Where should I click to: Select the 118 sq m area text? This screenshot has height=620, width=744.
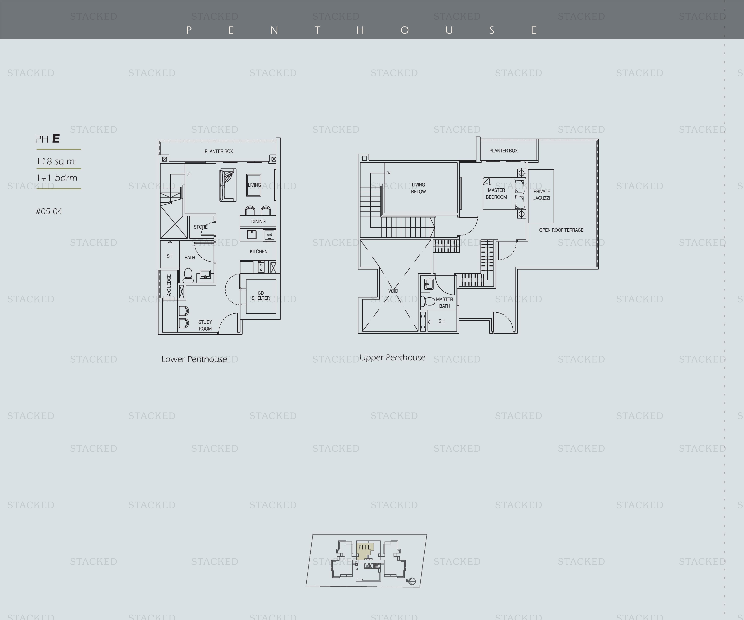click(x=56, y=161)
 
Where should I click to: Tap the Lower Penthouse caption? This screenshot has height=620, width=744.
click(x=194, y=359)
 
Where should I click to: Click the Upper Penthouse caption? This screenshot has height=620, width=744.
click(x=392, y=358)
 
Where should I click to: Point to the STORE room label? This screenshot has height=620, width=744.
click(x=201, y=227)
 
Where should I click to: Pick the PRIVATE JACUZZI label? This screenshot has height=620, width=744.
click(x=542, y=195)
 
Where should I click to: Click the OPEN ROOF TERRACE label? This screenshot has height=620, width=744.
click(x=561, y=230)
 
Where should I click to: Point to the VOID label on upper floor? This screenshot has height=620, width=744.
click(x=393, y=291)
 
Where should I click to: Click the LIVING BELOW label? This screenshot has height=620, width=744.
click(x=419, y=188)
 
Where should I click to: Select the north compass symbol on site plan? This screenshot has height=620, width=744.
click(x=411, y=581)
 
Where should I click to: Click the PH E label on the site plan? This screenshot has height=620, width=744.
click(x=365, y=547)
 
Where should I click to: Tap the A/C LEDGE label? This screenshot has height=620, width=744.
click(x=169, y=285)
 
